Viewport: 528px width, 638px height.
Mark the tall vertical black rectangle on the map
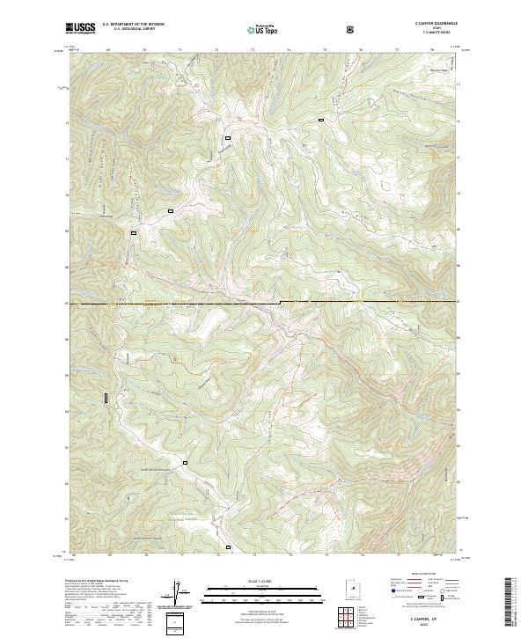[x=106, y=398]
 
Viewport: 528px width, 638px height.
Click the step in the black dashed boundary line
[x=281, y=303]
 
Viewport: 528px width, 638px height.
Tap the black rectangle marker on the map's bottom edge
[x=229, y=546]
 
